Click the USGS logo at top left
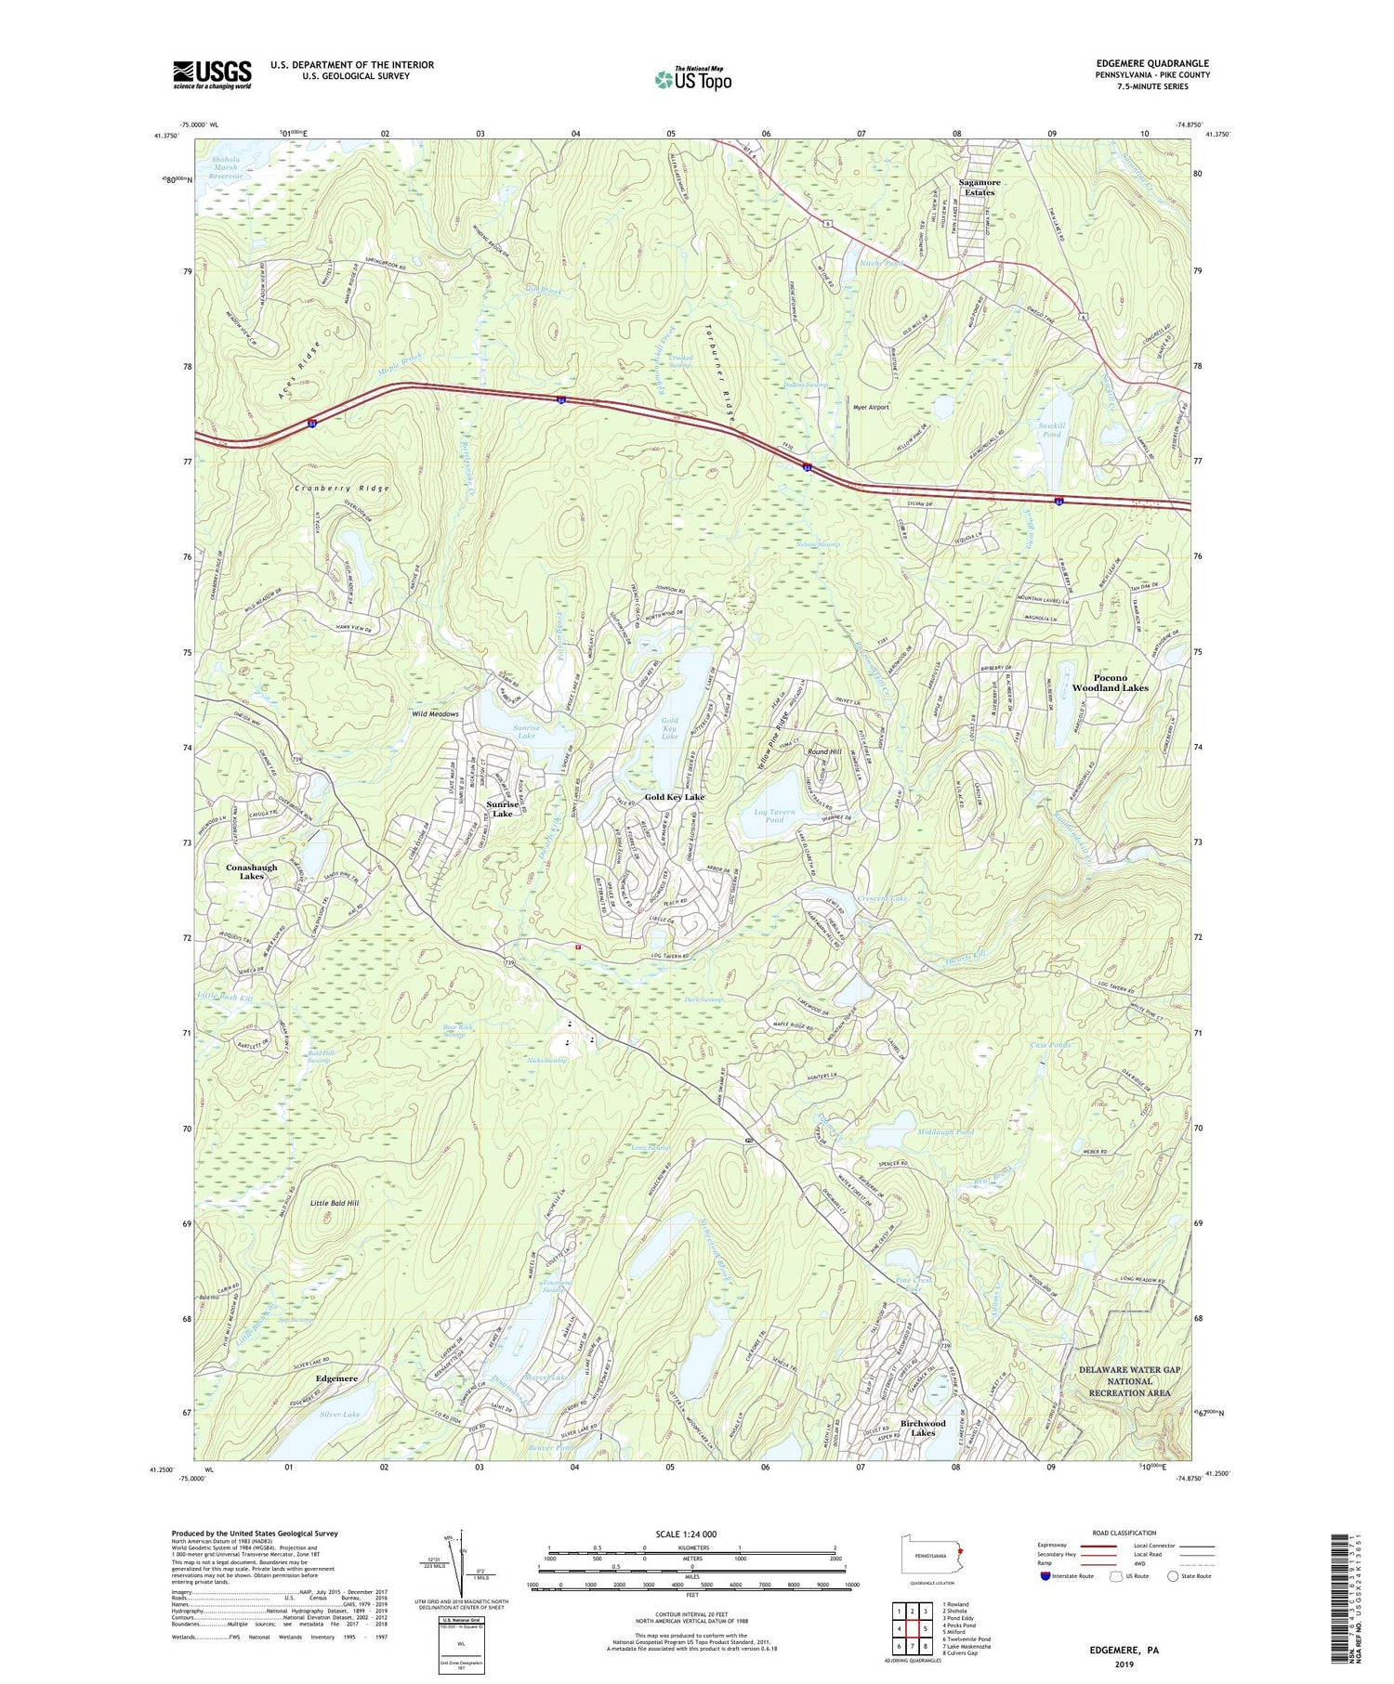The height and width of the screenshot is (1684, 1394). tap(212, 74)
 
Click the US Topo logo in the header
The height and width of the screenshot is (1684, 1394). tap(692, 80)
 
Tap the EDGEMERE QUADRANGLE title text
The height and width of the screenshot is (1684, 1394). tap(1152, 63)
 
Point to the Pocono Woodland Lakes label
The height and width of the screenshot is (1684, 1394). tap(1110, 683)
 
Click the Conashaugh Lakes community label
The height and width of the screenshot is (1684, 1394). tap(252, 871)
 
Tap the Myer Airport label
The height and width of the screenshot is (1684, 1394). tap(871, 407)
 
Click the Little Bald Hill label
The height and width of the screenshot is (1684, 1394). tap(335, 1203)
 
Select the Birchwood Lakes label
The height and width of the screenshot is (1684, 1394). tap(923, 1428)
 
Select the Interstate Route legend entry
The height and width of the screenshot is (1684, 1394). tap(1066, 1576)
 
